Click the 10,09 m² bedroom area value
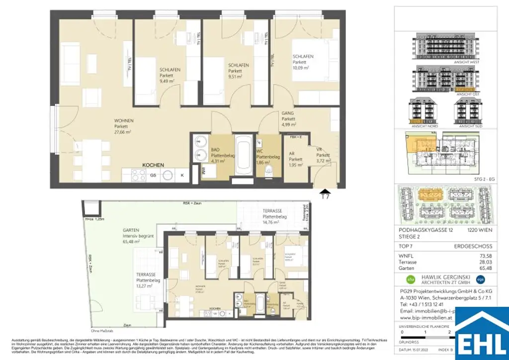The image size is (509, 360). [x=301, y=68]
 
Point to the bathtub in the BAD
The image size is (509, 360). [x=244, y=155]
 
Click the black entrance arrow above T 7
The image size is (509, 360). [x=325, y=191]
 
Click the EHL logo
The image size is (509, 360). [x=482, y=334]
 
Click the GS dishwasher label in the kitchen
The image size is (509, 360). [x=153, y=175]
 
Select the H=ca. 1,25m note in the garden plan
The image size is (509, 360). [x=95, y=219]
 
